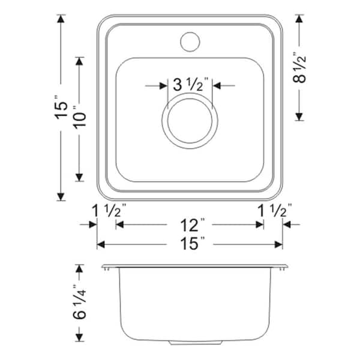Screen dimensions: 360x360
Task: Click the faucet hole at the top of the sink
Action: coord(190,41)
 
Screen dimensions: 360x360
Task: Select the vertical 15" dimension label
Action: coord(61,109)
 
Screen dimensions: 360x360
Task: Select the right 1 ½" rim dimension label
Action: coord(273,211)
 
